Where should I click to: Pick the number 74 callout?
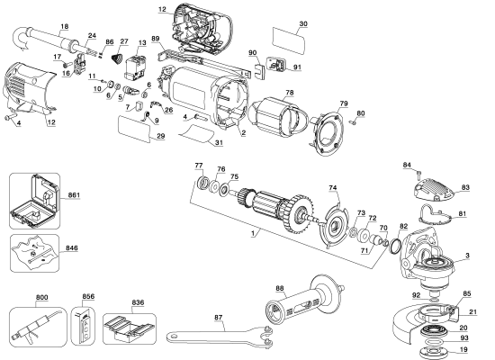[333, 188]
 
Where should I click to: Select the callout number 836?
[138, 302]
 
